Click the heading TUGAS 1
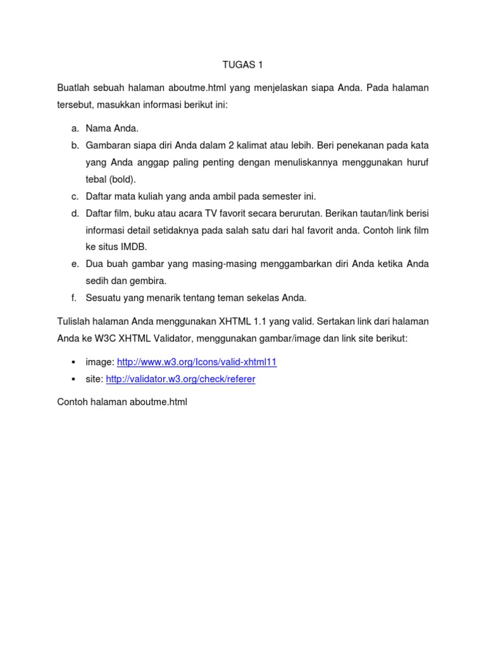point(243,64)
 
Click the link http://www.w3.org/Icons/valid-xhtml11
point(197,362)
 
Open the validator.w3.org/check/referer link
point(180,379)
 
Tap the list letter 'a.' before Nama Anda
point(75,129)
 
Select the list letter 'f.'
point(75,297)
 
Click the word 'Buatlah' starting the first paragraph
point(74,88)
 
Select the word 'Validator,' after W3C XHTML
point(165,339)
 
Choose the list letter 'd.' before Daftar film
point(75,213)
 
